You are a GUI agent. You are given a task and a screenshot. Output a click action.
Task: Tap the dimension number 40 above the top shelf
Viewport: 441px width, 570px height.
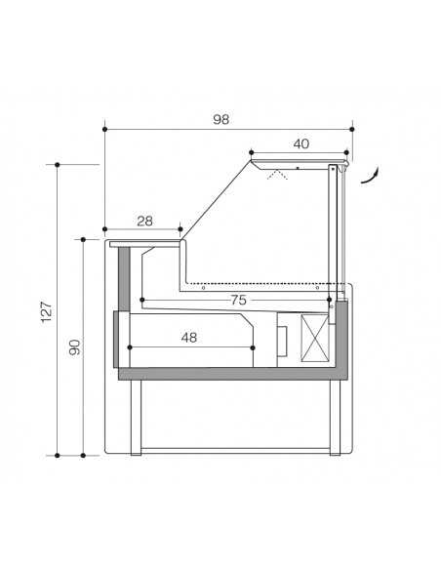tap(301, 143)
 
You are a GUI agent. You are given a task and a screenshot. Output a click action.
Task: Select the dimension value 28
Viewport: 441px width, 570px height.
tap(144, 221)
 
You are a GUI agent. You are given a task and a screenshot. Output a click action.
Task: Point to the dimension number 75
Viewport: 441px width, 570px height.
tap(238, 300)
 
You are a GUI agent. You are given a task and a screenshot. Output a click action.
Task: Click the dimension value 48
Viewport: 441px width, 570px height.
tap(189, 337)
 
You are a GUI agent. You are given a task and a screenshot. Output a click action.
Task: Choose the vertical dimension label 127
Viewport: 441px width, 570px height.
tap(46, 310)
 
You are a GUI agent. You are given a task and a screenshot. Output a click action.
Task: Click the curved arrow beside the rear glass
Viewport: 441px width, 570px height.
tap(370, 174)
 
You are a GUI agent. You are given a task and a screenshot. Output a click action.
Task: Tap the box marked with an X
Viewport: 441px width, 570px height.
tap(316, 338)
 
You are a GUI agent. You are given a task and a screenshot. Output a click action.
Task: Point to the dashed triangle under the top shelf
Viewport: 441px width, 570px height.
tap(279, 175)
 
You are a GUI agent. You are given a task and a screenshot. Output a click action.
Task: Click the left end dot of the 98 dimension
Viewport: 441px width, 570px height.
tap(104, 128)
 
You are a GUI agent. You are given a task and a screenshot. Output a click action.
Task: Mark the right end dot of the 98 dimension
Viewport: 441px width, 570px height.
tap(351, 128)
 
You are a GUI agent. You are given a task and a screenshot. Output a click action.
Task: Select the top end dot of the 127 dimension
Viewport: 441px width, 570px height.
tap(59, 164)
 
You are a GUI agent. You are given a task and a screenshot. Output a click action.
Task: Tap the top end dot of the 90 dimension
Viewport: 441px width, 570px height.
tap(84, 237)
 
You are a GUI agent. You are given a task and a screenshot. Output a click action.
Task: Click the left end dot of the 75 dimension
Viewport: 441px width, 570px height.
tap(143, 300)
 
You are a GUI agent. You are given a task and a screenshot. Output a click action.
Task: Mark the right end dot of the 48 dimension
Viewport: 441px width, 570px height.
tap(256, 346)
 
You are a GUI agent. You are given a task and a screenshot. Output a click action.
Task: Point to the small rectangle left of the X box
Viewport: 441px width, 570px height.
tap(285, 340)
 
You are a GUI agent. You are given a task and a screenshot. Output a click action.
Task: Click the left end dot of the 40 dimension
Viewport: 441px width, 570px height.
tap(252, 152)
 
